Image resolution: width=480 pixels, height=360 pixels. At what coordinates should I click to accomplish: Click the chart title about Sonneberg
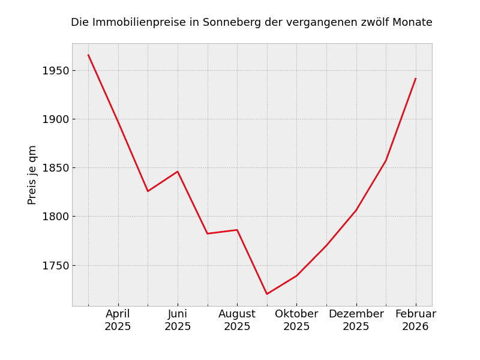(x=251, y=23)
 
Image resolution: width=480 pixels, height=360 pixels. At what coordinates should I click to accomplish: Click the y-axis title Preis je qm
(x=32, y=175)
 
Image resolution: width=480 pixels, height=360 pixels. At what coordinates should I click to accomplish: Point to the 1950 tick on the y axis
(x=55, y=71)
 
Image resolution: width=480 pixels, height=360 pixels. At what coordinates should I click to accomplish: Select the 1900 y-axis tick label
(x=55, y=119)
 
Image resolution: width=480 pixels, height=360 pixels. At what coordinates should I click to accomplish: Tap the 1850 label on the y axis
(x=55, y=168)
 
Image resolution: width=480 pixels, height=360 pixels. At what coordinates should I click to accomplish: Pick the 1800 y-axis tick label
(x=55, y=217)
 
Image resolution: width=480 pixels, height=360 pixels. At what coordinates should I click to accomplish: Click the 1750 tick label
(x=55, y=265)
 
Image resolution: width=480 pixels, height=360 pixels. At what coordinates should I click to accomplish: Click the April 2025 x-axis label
(x=118, y=320)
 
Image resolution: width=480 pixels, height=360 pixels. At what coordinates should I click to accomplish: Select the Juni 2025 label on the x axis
(x=178, y=320)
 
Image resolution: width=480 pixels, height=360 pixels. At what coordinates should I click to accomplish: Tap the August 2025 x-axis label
(x=237, y=320)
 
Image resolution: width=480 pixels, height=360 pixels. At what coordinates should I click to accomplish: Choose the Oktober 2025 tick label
(x=296, y=320)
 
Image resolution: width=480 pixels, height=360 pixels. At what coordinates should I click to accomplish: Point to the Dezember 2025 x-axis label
(x=356, y=320)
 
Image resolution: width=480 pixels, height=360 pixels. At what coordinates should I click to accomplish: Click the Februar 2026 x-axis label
(x=416, y=320)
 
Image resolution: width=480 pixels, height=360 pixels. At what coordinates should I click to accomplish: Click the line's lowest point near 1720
(x=267, y=294)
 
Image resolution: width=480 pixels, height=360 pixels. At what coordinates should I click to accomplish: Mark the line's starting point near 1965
(x=88, y=55)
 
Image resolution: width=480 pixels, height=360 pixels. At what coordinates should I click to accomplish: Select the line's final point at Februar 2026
(x=416, y=79)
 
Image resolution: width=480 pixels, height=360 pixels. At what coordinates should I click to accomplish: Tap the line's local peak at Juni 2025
(x=178, y=172)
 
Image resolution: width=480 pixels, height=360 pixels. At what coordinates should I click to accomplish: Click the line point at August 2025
(x=237, y=230)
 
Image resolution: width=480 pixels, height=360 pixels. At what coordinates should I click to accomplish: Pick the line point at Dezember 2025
(x=356, y=210)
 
